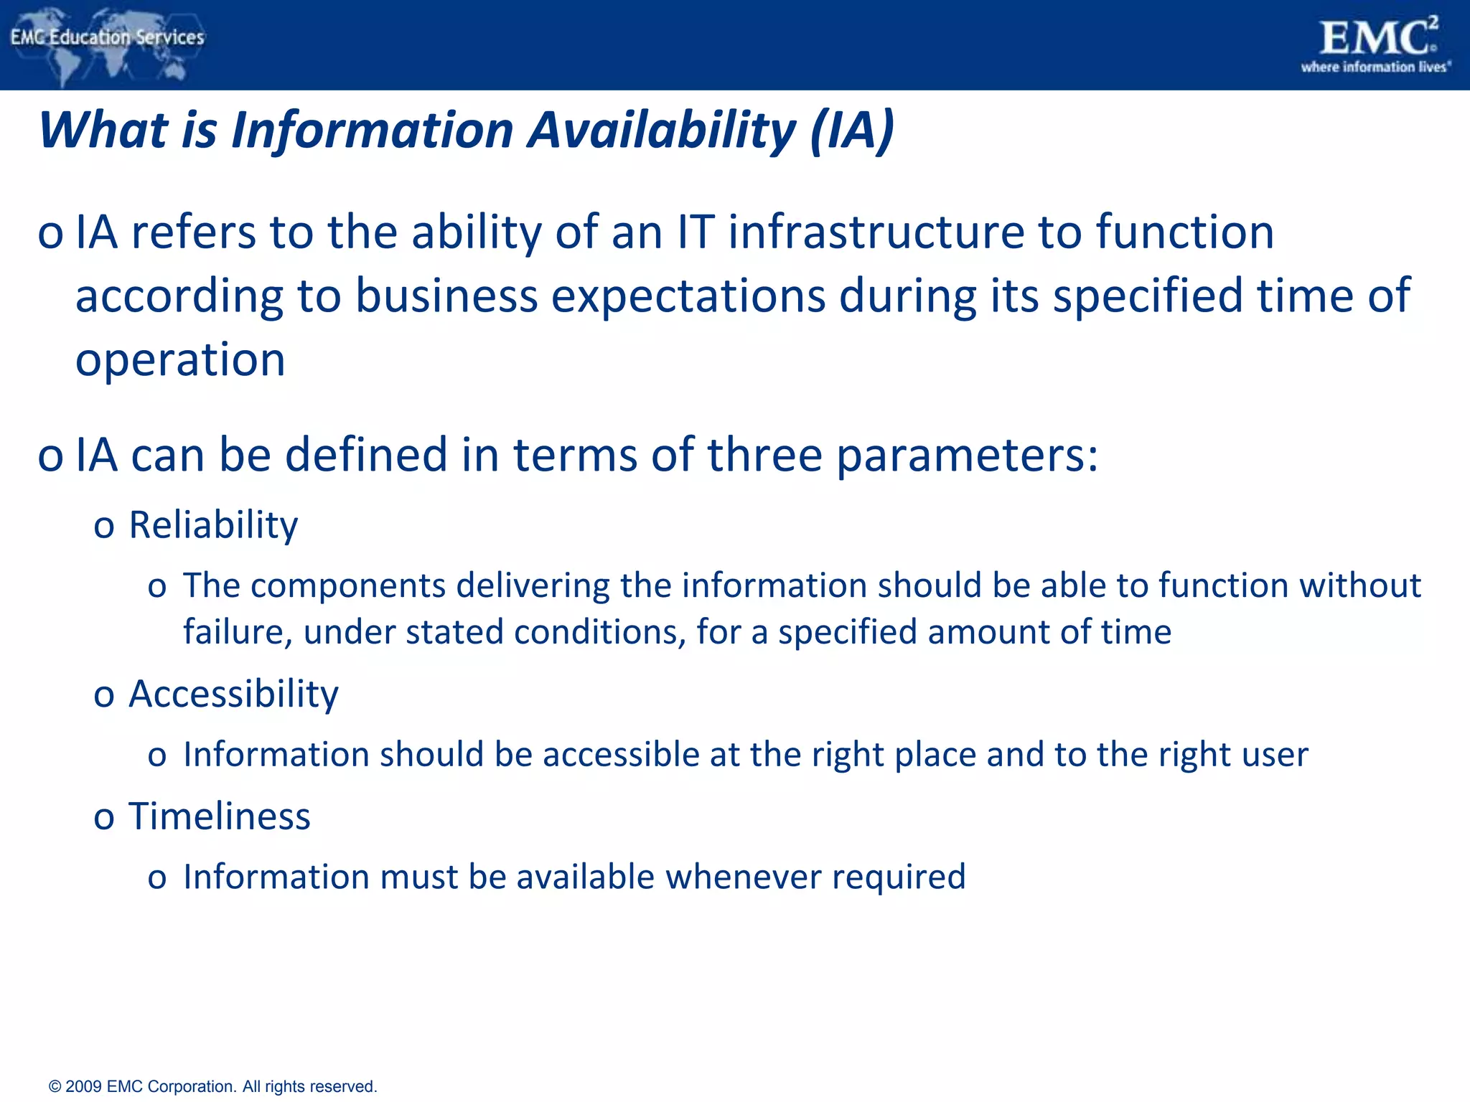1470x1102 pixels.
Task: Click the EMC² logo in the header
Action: pos(1377,37)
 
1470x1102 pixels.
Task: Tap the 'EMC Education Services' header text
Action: pos(108,37)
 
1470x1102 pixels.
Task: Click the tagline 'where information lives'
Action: pos(1375,67)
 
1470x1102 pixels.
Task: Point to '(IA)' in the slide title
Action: pos(852,131)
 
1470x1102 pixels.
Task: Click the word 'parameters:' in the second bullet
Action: pos(967,455)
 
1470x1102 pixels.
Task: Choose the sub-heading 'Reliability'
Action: pos(213,524)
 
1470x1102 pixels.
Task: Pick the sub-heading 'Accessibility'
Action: pos(233,694)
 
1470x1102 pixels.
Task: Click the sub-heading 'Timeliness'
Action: pos(219,816)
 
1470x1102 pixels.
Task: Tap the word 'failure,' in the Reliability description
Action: pos(238,632)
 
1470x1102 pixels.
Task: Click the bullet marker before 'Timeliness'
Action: pos(104,819)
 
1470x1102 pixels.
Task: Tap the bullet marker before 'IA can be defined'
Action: pos(50,457)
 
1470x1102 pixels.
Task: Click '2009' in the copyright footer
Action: pos(83,1086)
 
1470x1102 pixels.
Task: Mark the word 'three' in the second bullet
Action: pos(764,455)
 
